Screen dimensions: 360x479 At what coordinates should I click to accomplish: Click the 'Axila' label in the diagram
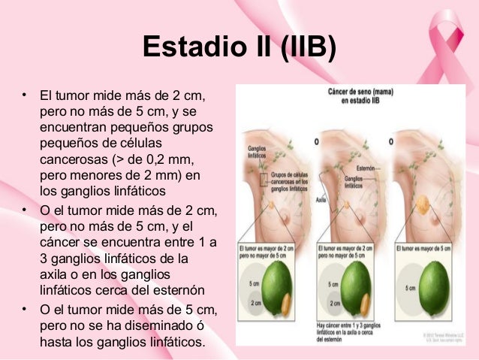tap(321, 200)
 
